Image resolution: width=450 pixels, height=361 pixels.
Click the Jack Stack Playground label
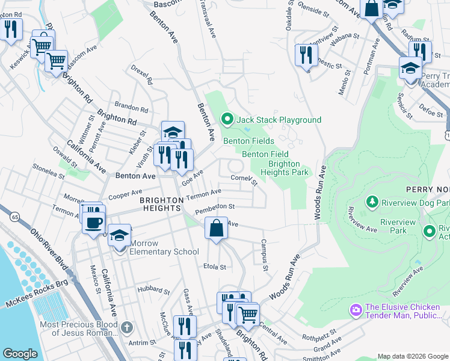(279, 120)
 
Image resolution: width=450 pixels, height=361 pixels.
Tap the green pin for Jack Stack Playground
(227, 120)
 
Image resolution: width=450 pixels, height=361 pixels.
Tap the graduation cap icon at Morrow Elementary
(120, 236)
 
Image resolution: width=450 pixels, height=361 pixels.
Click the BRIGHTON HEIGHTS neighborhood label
(161, 203)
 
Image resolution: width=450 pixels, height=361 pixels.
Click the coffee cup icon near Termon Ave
(93, 223)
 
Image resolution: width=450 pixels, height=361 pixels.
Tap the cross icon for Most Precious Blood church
(126, 327)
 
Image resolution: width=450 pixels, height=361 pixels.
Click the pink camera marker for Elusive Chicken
(356, 310)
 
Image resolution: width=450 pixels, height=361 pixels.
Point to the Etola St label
(214, 266)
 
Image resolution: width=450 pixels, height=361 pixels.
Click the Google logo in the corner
(20, 354)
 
